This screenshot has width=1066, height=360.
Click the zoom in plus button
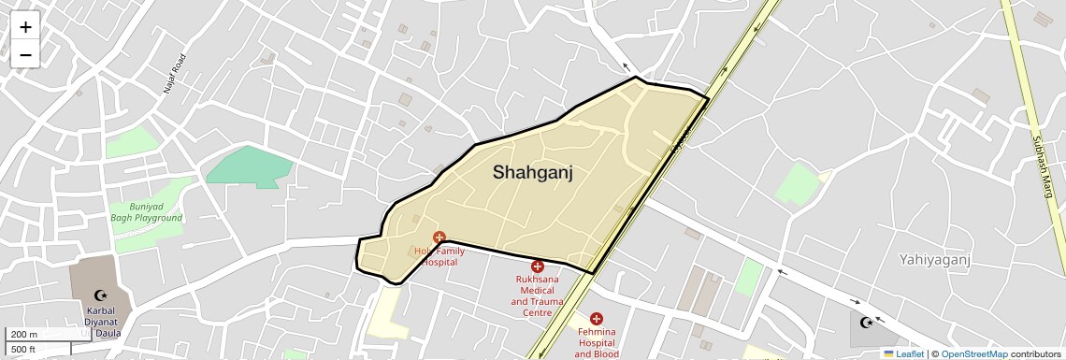(25, 27)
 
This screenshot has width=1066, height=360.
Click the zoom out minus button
(25, 54)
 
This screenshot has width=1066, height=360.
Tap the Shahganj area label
(532, 172)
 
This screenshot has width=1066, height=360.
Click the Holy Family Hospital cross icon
(439, 238)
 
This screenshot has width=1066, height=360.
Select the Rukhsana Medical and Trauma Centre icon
(538, 266)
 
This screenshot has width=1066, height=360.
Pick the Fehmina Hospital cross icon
(597, 319)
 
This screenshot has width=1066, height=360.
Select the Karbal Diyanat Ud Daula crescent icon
(101, 295)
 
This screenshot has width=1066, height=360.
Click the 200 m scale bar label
(25, 335)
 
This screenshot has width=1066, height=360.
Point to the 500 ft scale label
(24, 350)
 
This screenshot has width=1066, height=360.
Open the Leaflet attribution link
(903, 353)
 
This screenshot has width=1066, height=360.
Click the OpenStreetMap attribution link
(973, 353)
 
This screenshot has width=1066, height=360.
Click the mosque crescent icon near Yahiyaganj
(868, 323)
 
